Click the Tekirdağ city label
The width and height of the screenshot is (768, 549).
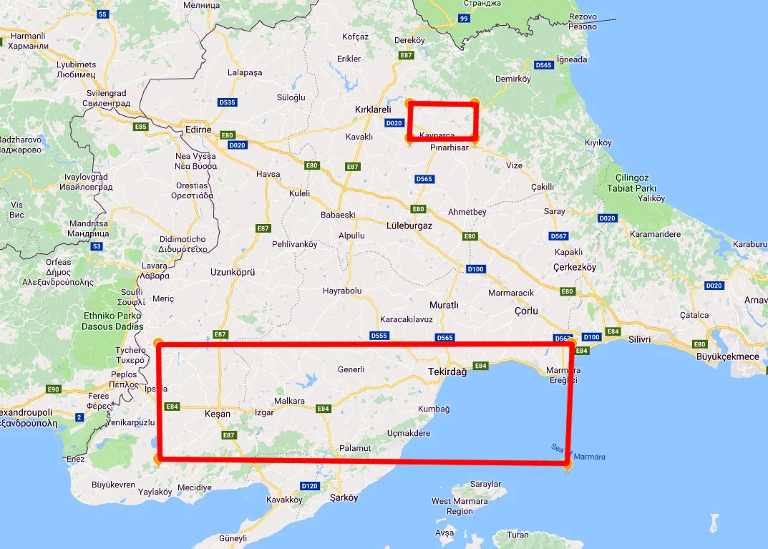coord(447,372)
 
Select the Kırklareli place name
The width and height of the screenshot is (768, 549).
coord(374,110)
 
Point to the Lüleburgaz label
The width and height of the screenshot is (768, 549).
coord(410,225)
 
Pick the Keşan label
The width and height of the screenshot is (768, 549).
coord(218,414)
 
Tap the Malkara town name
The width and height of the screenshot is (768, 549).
coord(290,402)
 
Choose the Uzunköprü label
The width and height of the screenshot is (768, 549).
coord(233,272)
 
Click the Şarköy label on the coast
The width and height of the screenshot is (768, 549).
coord(344,497)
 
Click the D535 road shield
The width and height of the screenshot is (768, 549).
coord(227,102)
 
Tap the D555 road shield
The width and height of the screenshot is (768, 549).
coord(379,335)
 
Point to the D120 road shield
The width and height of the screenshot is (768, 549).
coord(309,486)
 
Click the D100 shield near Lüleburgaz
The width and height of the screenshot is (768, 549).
coord(475,269)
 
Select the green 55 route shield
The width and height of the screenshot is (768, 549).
coord(102,14)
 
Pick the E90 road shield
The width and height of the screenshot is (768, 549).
coord(53,389)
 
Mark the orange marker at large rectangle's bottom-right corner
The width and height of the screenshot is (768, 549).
coord(567,465)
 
